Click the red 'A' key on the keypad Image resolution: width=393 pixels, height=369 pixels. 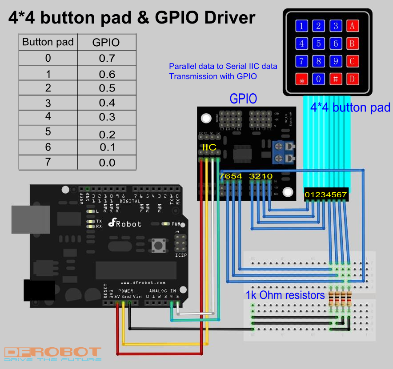point(352,26)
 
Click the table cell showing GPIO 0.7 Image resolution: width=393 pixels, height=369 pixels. point(107,58)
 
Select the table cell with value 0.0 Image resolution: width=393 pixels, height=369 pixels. point(107,163)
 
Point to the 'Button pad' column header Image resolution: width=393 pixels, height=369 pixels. point(48,42)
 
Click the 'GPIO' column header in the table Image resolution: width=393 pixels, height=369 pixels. point(107,42)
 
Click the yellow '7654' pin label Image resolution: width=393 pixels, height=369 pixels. point(230,176)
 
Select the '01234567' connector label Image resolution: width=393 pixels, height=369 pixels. point(326,194)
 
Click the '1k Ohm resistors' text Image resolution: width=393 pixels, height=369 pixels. point(285,295)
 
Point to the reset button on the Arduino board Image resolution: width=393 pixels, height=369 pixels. point(157,245)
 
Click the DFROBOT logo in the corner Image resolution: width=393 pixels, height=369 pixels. point(52,354)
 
